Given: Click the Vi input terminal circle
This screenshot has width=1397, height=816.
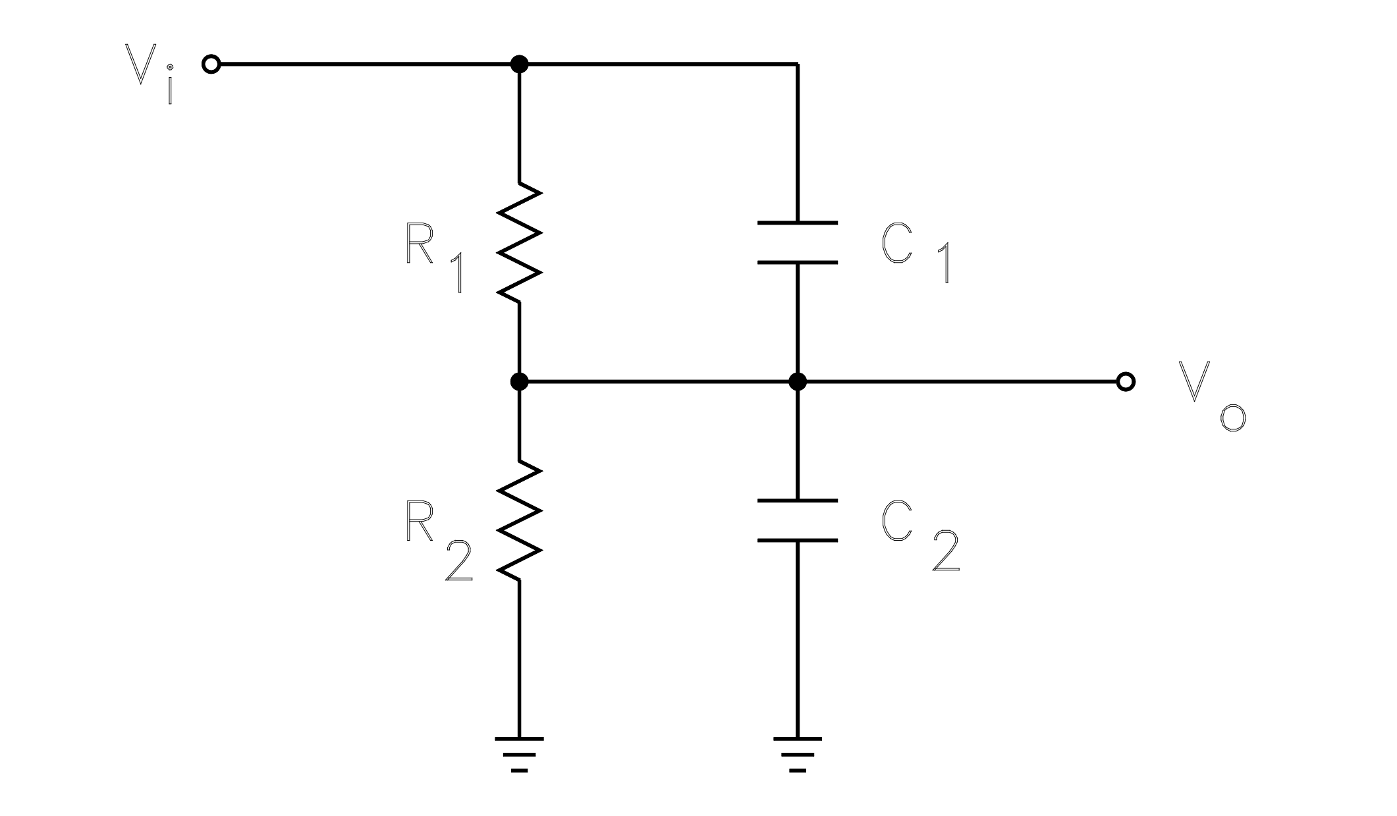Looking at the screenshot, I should (211, 65).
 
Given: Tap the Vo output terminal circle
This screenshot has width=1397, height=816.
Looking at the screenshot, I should (1126, 381).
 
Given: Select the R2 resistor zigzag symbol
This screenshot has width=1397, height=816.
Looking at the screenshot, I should (520, 520).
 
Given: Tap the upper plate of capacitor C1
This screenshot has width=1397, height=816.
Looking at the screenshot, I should (798, 223).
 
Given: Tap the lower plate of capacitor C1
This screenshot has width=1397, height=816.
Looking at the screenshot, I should (798, 262).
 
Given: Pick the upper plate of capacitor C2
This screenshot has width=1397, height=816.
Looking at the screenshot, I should (798, 501).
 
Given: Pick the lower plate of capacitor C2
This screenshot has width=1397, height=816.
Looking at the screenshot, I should (798, 540).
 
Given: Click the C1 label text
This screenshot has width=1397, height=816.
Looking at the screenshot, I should (916, 254).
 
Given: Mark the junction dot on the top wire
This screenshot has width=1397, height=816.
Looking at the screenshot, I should (520, 65).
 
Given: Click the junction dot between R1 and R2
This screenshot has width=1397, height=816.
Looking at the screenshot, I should (520, 381).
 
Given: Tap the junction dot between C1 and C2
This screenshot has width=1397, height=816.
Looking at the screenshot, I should (798, 381).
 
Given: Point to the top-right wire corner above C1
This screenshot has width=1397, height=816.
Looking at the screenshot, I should (798, 65).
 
